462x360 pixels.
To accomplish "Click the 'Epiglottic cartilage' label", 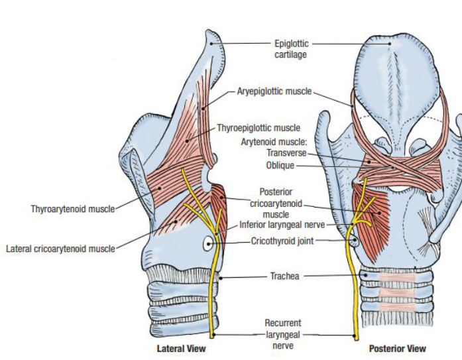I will coord(291,49).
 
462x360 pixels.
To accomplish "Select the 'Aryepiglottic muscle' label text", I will coord(274,91).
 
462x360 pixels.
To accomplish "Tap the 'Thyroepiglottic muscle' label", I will coord(259,128).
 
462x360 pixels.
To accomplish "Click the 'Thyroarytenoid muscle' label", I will coord(72,209).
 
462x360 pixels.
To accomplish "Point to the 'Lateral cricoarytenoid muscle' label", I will coord(60,249).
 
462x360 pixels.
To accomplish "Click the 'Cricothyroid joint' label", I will coord(282,241).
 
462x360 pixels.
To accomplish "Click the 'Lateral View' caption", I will coord(181,349).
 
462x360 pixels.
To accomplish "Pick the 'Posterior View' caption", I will coord(397,349).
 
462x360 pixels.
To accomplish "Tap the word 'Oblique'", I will coord(280,165).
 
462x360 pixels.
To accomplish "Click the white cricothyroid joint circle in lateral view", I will coord(208,243).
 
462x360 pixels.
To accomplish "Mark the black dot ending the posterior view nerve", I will coord(356,335).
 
